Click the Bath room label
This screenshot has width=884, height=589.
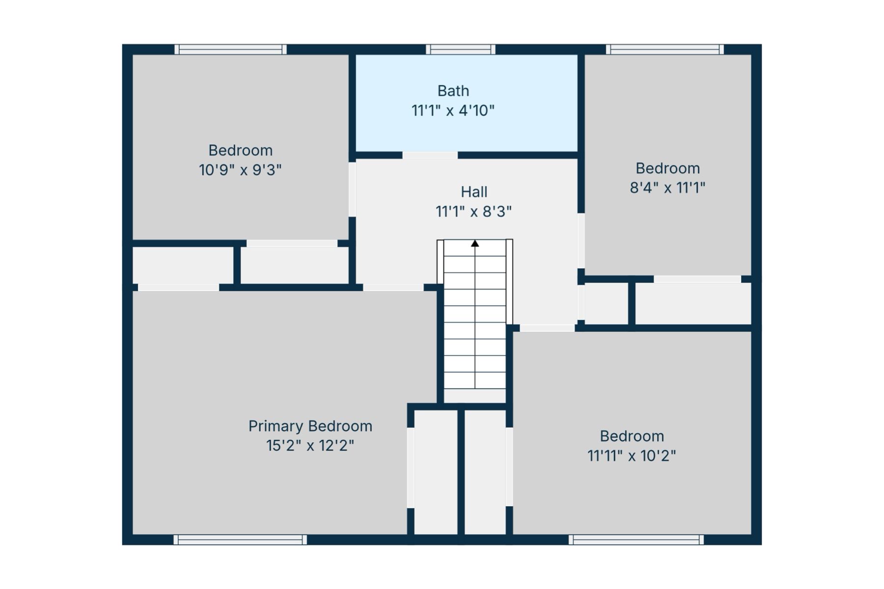453,91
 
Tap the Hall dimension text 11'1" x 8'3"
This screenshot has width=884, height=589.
473,212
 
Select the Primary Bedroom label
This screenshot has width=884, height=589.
310,426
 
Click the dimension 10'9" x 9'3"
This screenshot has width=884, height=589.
240,170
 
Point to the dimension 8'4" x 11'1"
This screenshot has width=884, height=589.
667,187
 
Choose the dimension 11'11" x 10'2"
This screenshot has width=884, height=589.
632,456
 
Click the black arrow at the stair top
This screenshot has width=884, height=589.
475,243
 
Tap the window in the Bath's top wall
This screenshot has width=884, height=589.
461,49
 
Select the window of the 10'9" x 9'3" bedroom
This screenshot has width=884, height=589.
230,49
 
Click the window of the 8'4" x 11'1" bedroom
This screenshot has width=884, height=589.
665,49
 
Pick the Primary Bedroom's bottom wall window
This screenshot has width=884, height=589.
240,540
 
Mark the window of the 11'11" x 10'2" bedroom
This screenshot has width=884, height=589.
636,540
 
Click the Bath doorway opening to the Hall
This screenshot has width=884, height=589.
430,155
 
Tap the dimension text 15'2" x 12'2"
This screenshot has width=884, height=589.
310,446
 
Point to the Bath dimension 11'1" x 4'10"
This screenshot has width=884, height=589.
453,110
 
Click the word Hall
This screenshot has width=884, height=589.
474,192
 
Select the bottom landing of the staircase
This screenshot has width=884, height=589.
475,396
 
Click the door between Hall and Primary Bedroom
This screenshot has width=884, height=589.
393,288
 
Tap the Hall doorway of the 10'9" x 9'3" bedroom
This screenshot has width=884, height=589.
352,189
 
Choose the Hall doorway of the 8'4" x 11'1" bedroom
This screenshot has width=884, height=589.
581,241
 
